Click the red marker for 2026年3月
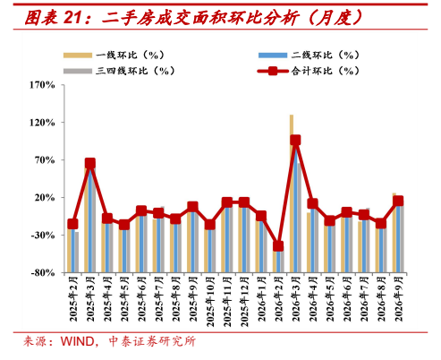pyautogui.click(x=295, y=140)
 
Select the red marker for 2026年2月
pyautogui.click(x=278, y=246)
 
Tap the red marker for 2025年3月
pyautogui.click(x=90, y=163)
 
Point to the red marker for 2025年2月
pyautogui.click(x=72, y=224)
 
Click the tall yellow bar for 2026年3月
pyautogui.click(x=292, y=193)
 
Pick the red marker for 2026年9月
pyautogui.click(x=398, y=201)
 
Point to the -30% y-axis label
pyautogui.click(x=43, y=236)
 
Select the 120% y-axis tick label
pyautogui.click(x=42, y=123)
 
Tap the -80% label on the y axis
pyautogui.click(x=43, y=273)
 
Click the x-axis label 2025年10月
pyautogui.click(x=210, y=301)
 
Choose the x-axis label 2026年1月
pyautogui.click(x=261, y=298)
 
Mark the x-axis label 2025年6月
pyautogui.click(x=141, y=298)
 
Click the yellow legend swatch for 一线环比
pyautogui.click(x=78, y=56)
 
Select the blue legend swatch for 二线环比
pyautogui.click(x=273, y=56)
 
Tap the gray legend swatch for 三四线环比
pyautogui.click(x=78, y=71)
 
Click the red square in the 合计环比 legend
pyautogui.click(x=273, y=71)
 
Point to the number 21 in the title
pyautogui.click(x=73, y=18)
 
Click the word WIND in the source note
pyautogui.click(x=78, y=341)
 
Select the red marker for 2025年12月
pyautogui.click(x=244, y=202)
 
